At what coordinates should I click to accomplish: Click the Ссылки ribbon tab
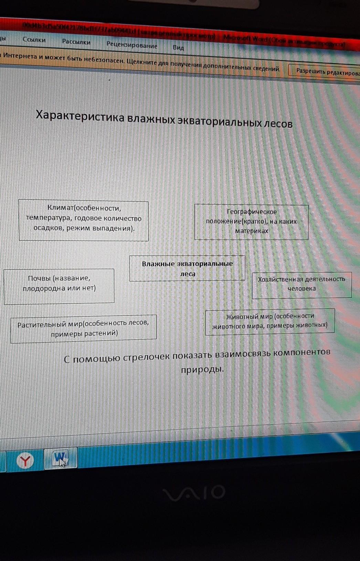pos(34,40)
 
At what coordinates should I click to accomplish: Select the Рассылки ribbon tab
pos(76,42)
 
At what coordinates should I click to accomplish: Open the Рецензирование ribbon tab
pos(132,45)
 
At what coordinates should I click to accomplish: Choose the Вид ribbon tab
pos(178,47)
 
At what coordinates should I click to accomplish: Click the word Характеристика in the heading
pos(80,116)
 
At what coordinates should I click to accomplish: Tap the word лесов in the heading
pos(278,123)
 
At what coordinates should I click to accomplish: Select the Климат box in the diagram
pos(84,220)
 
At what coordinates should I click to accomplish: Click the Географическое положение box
pos(251,222)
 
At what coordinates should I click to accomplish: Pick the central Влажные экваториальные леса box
pos(187,269)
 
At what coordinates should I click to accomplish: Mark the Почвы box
pos(59,286)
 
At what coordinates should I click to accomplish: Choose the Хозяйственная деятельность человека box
pos(301,284)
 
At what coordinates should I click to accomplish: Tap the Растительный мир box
pos(84,328)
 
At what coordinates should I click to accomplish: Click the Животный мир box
pos(270,321)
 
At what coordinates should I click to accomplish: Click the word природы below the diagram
pos(202,369)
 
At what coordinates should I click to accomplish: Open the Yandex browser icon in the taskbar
pos(25,461)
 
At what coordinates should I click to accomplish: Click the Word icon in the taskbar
pos(61,458)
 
